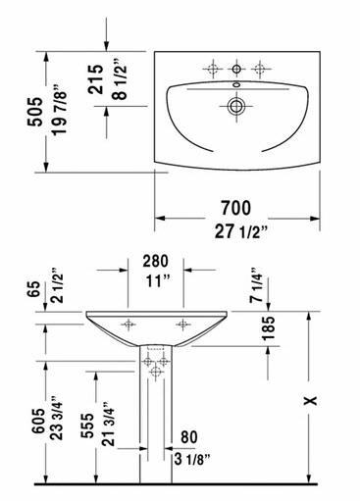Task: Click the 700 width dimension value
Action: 235,208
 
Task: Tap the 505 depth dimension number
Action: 35,112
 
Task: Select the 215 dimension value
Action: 95,79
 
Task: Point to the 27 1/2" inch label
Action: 241,232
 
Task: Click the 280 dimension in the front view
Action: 156,261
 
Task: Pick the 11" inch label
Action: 158,281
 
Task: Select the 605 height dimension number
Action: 38,422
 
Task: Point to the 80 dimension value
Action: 189,437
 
